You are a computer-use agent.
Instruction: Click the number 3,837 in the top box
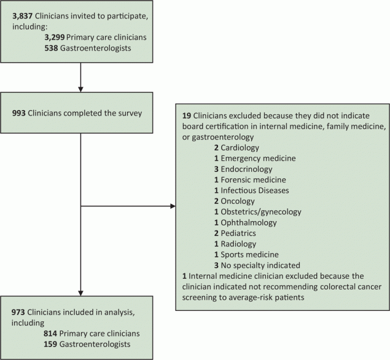coord(23,13)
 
